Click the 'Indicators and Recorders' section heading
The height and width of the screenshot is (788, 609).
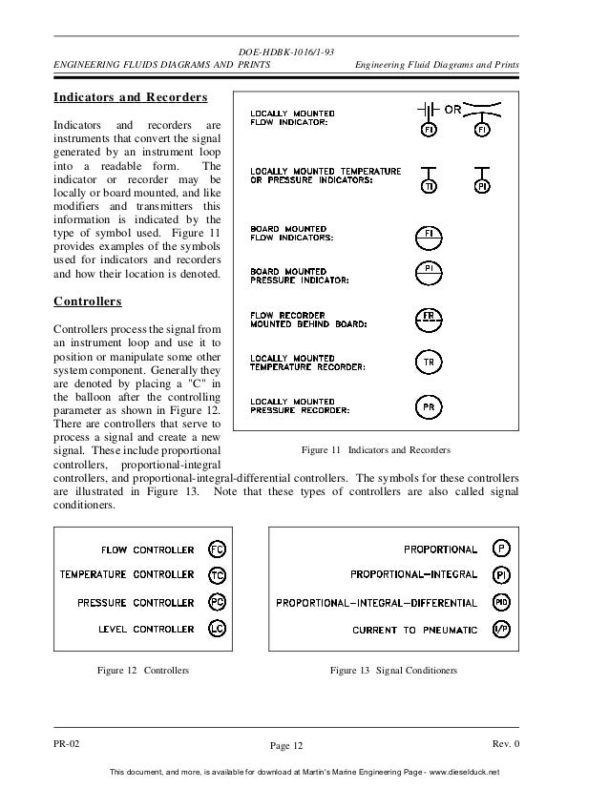[130, 97]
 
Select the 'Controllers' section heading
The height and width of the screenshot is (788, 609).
[87, 301]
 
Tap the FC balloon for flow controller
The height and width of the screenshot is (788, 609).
[217, 550]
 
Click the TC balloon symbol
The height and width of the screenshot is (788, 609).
[217, 576]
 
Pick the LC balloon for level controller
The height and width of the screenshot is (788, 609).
[217, 630]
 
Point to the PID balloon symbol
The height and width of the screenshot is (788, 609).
[501, 603]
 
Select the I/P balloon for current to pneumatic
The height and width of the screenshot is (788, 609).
[501, 630]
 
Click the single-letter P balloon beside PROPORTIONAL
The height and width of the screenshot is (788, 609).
[501, 550]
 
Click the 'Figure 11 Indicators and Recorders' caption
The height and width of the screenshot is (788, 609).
[376, 449]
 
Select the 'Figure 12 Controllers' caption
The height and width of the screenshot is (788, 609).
[143, 671]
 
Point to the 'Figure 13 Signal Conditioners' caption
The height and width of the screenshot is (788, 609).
[393, 671]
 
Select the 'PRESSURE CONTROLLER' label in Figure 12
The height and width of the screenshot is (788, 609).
[136, 603]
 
